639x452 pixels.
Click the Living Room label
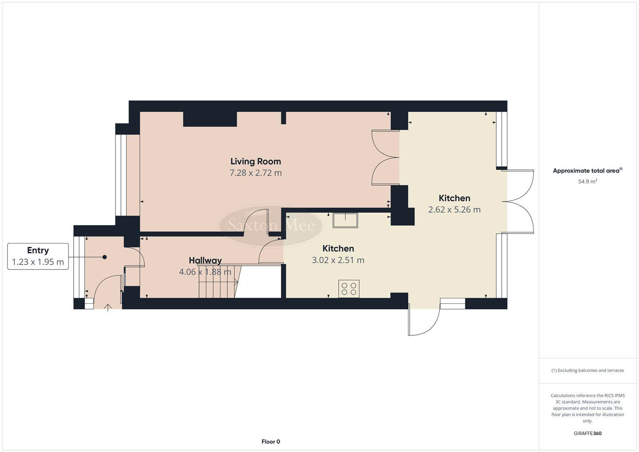[x=255, y=161]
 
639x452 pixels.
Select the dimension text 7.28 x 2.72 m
[x=255, y=173]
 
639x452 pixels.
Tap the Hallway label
[x=205, y=260]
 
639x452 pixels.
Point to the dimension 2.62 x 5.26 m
[x=454, y=210]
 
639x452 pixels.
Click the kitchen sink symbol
[x=345, y=220]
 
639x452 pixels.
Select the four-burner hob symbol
[x=349, y=289]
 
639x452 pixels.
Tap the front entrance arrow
[x=108, y=308]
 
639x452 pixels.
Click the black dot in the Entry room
[x=105, y=257]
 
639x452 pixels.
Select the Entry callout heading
[x=38, y=250]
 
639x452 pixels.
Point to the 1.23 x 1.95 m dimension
[x=38, y=262]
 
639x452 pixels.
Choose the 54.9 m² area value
[x=587, y=182]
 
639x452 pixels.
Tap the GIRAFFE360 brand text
[x=587, y=433]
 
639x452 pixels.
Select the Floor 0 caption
[x=270, y=442]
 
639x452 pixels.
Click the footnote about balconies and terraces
[x=587, y=370]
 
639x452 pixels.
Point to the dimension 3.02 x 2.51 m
[x=338, y=260]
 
